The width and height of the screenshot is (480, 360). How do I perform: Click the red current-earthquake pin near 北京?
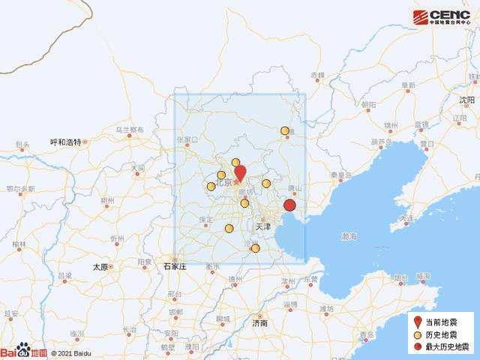[239, 172]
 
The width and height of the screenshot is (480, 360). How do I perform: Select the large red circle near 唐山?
[290, 206]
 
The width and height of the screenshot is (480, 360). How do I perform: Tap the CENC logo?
[442, 16]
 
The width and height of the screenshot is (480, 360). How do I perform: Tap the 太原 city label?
[100, 266]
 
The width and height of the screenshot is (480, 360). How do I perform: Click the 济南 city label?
[259, 323]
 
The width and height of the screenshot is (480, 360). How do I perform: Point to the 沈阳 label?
[467, 99]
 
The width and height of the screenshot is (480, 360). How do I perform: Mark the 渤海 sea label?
[349, 236]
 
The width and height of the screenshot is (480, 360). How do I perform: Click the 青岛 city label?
[366, 334]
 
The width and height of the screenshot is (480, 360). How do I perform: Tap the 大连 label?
[407, 218]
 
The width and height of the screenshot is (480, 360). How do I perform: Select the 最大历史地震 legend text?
[453, 348]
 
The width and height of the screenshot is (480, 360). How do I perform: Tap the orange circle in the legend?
[418, 334]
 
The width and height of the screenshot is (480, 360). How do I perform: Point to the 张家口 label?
[187, 139]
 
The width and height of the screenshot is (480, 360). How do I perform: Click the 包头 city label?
[22, 145]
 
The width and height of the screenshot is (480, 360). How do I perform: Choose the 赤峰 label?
[317, 76]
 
